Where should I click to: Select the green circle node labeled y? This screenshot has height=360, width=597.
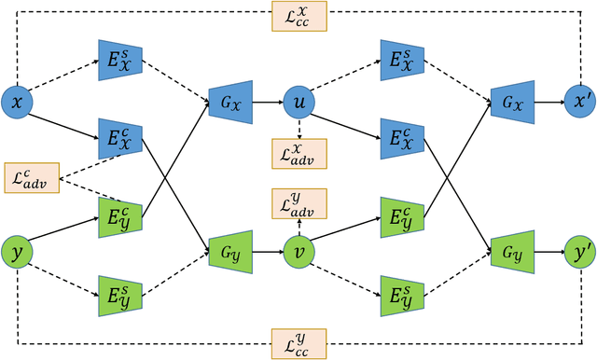17,250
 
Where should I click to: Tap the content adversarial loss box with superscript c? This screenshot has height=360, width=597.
31,177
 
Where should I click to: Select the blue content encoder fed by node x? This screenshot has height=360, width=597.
117,140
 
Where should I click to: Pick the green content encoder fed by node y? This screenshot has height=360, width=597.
117,215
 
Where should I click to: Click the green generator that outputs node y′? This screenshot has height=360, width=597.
509,250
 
